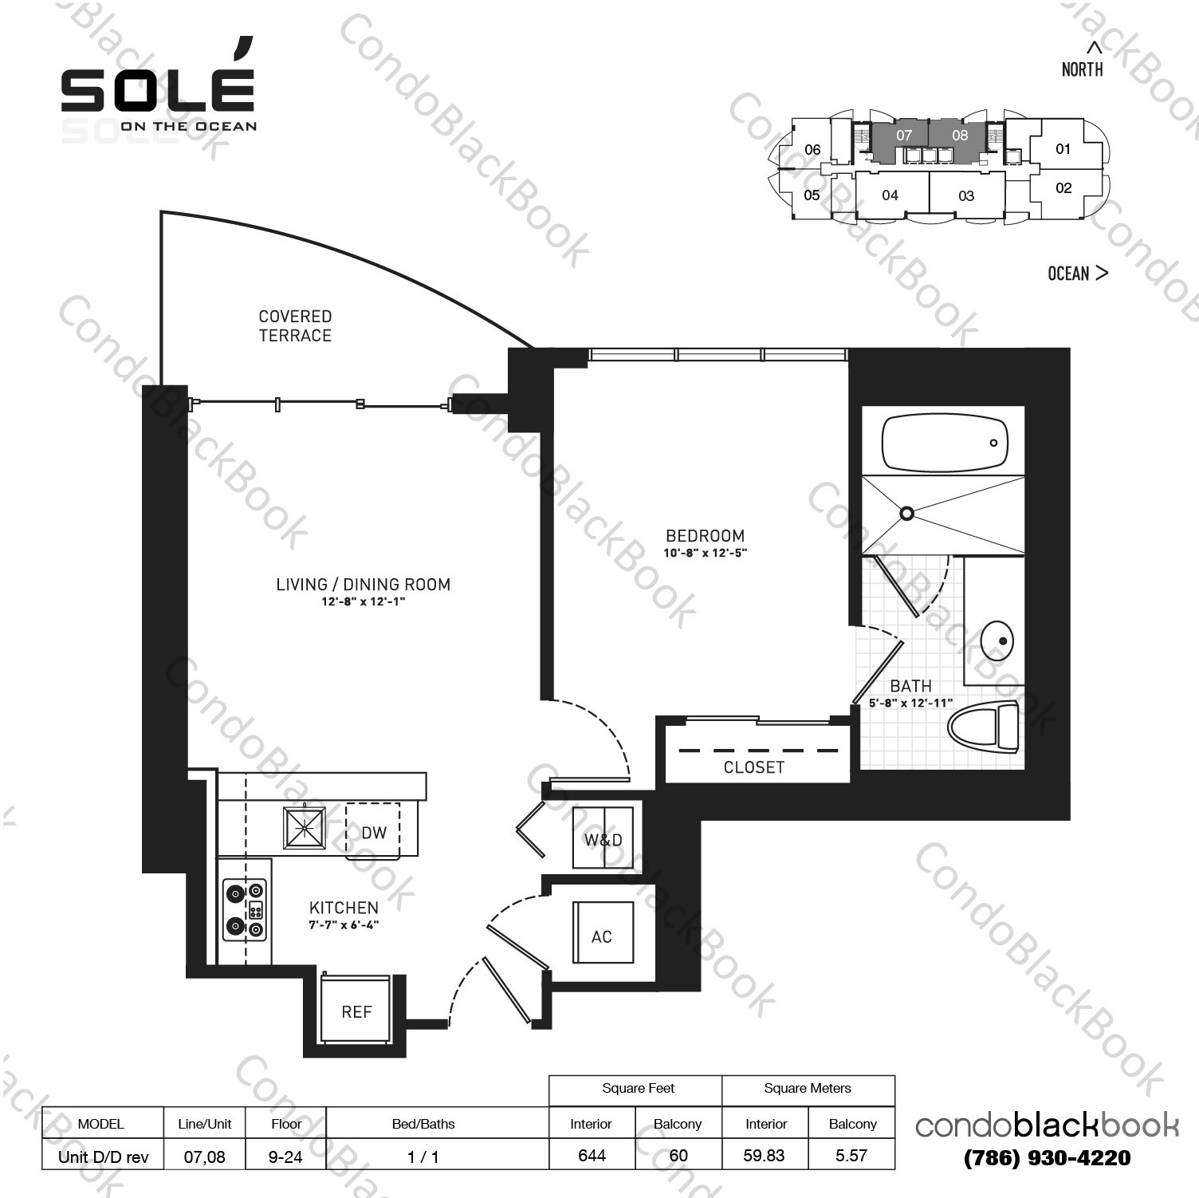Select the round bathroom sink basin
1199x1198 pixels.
[x=997, y=640]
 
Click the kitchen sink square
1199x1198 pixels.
[x=305, y=829]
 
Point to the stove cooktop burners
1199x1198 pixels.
[x=245, y=908]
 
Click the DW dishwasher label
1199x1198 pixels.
[x=374, y=833]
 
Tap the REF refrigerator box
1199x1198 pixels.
[x=356, y=1011]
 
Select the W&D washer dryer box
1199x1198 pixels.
[x=603, y=839]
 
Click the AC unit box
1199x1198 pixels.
[x=602, y=936]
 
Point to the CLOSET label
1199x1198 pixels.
[x=754, y=767]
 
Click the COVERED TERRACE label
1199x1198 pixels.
[x=295, y=326]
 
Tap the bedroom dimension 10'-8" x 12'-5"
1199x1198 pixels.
[x=706, y=553]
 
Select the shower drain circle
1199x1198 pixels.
[x=906, y=514]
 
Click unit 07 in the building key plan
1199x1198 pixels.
[x=903, y=135]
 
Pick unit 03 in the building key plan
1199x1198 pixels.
[x=966, y=195]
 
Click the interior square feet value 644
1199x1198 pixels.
[x=592, y=1155]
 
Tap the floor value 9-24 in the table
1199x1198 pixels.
[x=285, y=1156]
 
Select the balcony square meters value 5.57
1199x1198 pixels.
[x=851, y=1155]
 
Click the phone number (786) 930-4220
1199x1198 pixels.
[x=1047, y=1157]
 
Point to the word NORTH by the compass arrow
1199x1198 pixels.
[x=1082, y=69]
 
